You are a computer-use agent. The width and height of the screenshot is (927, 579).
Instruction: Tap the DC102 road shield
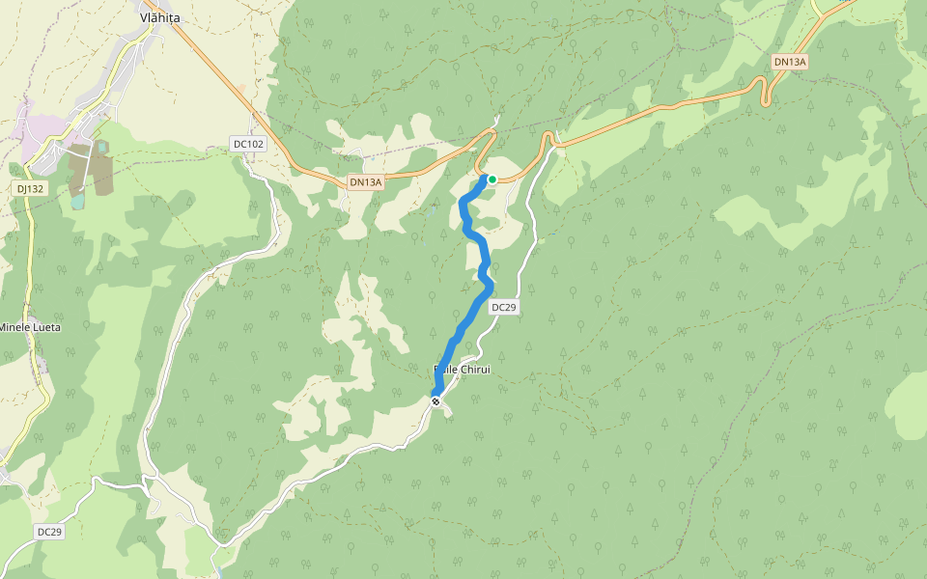(248, 144)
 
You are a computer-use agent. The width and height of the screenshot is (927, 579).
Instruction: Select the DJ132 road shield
(31, 188)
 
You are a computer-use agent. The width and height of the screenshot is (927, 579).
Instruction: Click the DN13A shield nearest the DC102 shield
(366, 181)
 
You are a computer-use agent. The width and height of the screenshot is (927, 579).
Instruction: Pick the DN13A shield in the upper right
(790, 62)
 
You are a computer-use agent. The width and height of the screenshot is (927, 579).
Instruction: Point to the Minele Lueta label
(30, 327)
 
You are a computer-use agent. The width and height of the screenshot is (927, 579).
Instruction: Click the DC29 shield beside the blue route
(504, 307)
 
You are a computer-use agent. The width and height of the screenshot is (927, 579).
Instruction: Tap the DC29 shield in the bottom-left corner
(50, 532)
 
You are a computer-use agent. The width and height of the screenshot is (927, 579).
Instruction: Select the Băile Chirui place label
(463, 370)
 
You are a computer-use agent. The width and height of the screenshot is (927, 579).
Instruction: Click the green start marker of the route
(492, 179)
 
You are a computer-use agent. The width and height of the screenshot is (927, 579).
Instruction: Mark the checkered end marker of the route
(436, 400)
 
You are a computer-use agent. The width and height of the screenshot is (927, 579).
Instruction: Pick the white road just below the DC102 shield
(253, 165)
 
